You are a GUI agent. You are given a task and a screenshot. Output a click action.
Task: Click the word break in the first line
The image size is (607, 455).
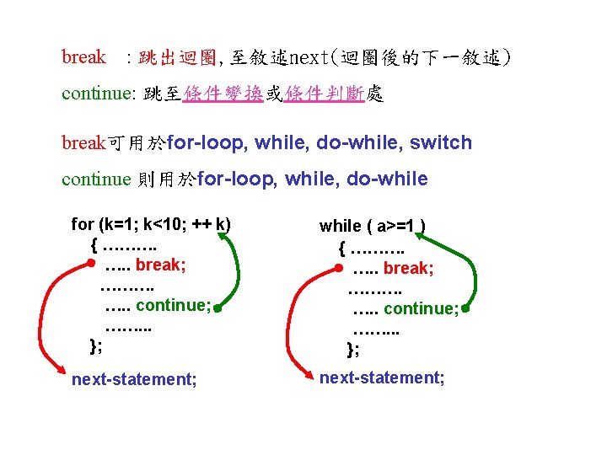[x=83, y=57]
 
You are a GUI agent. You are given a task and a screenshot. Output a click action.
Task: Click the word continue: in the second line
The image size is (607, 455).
[x=99, y=94]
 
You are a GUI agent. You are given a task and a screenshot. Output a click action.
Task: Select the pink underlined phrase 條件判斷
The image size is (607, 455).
[x=325, y=94]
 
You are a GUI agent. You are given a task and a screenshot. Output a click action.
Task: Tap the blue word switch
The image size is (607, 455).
[x=441, y=142]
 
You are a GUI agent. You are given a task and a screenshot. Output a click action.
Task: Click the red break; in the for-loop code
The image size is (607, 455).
[x=160, y=265]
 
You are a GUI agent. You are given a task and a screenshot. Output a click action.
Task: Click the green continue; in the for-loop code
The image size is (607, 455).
[x=173, y=304]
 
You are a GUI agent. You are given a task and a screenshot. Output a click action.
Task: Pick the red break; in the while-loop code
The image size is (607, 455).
[x=408, y=269]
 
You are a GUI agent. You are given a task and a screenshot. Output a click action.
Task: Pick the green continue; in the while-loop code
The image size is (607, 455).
[x=421, y=308]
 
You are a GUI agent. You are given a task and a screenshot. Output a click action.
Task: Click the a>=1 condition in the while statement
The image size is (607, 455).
[x=395, y=226]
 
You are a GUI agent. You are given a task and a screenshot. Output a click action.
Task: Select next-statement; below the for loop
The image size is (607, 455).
[x=134, y=379]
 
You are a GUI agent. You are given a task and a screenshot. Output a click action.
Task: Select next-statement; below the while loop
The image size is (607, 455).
[x=382, y=377]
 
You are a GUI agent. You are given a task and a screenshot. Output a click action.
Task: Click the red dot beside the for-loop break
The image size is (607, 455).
[x=90, y=263]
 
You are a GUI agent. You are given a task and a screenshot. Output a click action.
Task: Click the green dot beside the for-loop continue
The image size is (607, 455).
[x=217, y=308]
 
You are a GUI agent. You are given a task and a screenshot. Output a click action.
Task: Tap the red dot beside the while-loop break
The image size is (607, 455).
[x=338, y=267]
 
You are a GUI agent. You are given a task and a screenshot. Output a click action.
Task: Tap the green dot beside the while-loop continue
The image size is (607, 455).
[x=465, y=309]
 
